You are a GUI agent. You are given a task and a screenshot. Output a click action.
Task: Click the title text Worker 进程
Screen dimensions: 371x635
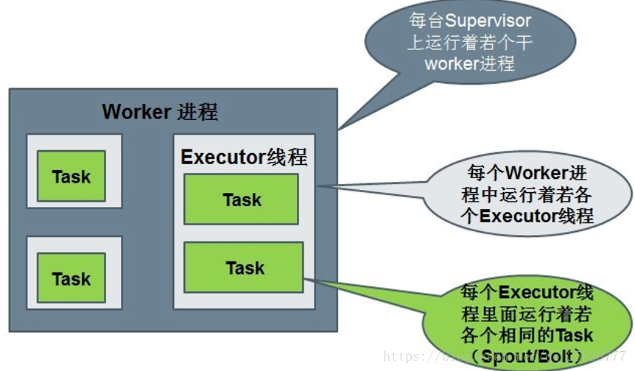[160, 113]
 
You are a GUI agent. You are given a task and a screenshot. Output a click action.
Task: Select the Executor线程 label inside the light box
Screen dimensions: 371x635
[243, 158]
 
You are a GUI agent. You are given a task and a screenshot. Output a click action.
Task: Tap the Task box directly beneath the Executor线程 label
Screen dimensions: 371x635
[242, 199]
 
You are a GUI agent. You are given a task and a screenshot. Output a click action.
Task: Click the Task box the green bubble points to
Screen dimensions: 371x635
[244, 268]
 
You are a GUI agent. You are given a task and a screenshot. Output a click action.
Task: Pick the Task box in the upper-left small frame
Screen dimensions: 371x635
[71, 177]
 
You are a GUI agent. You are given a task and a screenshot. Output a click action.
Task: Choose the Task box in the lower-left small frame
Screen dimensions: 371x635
[71, 279]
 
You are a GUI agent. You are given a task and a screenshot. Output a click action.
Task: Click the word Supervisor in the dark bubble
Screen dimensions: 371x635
[487, 21]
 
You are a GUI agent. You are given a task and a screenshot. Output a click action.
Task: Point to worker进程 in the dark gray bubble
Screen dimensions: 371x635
[469, 63]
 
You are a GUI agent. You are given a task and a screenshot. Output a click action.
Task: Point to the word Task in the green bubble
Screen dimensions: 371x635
[575, 336]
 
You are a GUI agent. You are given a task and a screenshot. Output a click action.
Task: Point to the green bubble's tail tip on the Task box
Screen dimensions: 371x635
[304, 278]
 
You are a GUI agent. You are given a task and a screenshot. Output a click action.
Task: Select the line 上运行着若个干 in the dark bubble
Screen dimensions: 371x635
[469, 43]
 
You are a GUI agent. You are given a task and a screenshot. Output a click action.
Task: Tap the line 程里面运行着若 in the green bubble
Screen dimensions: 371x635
[526, 313]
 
